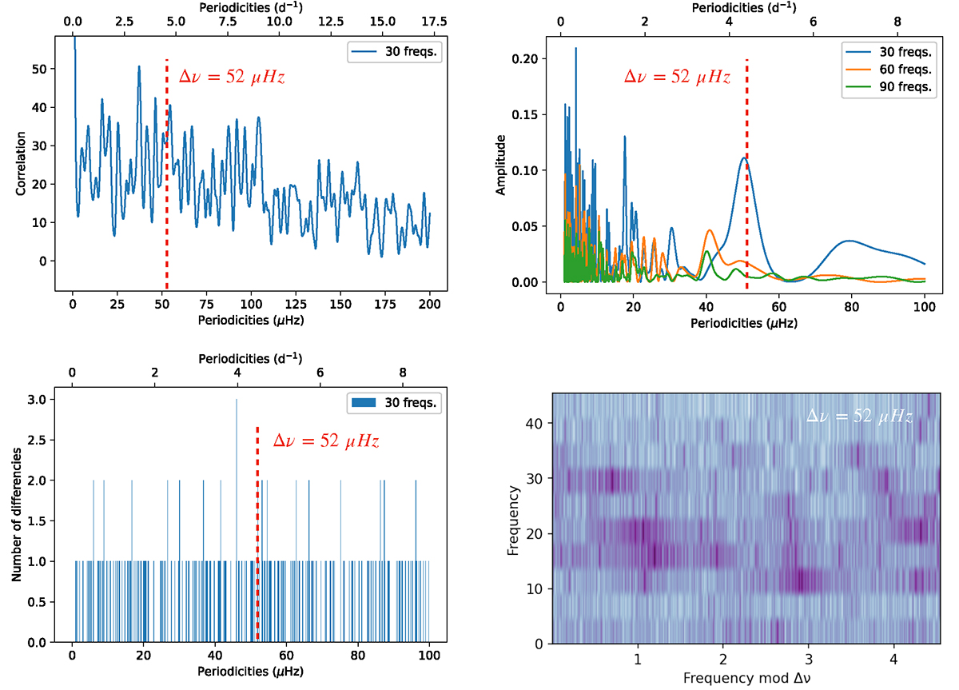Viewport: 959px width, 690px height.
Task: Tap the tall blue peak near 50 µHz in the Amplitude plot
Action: coord(744,158)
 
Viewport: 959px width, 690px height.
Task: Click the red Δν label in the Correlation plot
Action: coord(232,78)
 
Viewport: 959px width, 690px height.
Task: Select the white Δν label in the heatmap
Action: coord(859,416)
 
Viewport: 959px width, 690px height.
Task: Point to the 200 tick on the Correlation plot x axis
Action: coord(429,305)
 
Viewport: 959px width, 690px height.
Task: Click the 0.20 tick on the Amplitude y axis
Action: coord(528,59)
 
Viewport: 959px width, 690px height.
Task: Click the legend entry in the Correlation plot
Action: coord(391,53)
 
